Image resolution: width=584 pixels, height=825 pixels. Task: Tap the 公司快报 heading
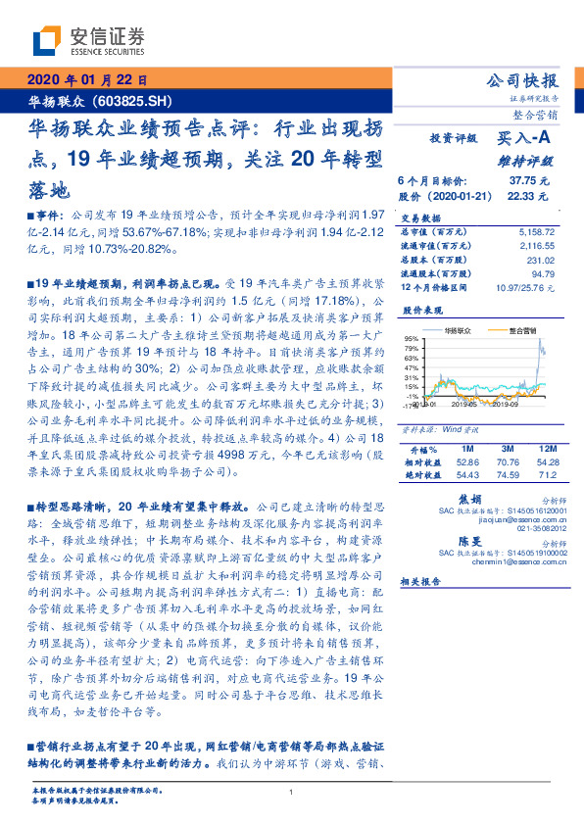point(523,80)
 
